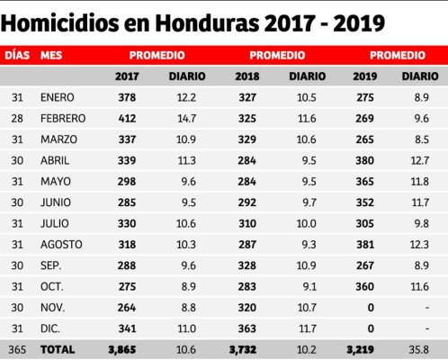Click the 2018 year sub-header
[246, 76]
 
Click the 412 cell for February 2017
[127, 118]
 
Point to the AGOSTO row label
[60, 244]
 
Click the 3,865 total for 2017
[121, 347]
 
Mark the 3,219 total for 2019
[360, 347]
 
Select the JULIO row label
[55, 222]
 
